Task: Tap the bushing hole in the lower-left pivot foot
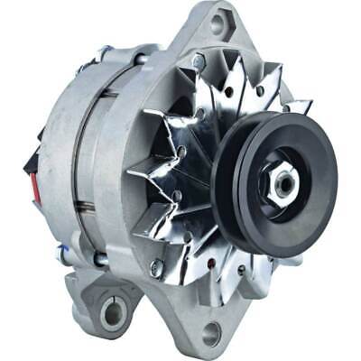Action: click(x=114, y=312)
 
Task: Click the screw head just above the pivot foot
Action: click(x=156, y=268)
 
